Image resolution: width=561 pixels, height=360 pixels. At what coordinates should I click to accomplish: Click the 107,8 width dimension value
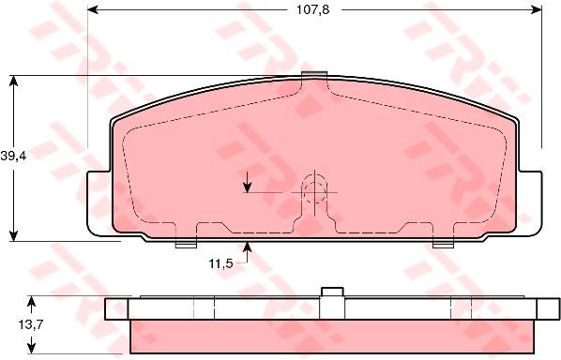[x=312, y=10]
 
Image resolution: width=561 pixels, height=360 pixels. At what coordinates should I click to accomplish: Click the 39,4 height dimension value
[x=13, y=157]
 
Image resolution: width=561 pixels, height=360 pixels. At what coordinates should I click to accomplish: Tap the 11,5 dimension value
[x=220, y=263]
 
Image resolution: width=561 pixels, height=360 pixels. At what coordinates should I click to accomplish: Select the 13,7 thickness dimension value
[x=31, y=324]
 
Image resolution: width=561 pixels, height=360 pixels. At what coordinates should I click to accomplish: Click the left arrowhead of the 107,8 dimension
[x=93, y=10]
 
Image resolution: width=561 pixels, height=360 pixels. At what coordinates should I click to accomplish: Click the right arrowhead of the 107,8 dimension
[x=537, y=10]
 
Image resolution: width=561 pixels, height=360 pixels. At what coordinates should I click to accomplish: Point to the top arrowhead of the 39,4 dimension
[x=13, y=82]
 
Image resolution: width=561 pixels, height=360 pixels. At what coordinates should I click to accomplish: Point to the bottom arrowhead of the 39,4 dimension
[x=13, y=235]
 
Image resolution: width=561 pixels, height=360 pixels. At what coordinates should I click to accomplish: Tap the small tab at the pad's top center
[x=314, y=74]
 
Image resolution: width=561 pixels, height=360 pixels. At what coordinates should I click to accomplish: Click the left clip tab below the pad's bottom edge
[x=186, y=245]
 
